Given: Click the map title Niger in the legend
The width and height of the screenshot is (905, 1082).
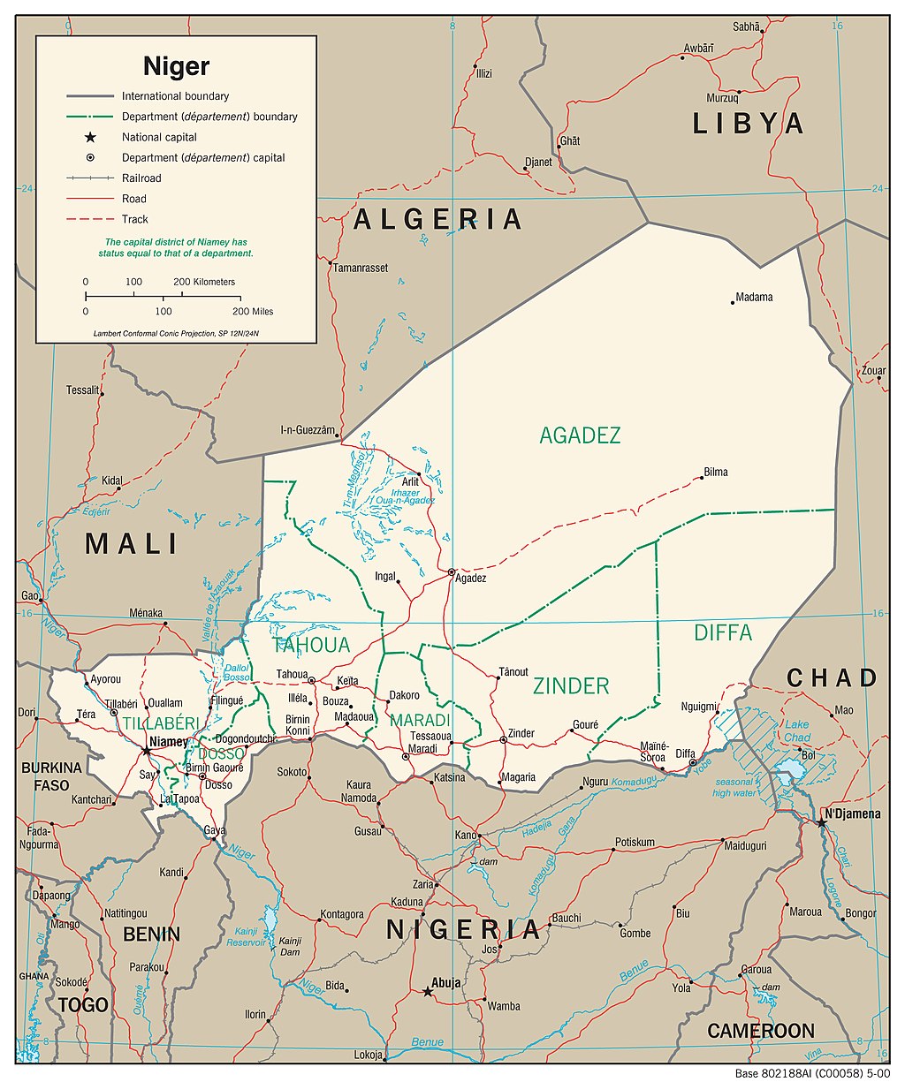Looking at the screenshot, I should coord(177,65).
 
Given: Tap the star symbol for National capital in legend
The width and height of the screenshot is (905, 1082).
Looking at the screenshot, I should coord(90,137).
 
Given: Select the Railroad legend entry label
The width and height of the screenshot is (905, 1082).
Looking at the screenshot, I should coord(141,178).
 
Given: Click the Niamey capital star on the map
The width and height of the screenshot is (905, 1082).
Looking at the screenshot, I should coord(147,751).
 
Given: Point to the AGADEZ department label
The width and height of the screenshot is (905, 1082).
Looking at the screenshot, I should coord(580,435).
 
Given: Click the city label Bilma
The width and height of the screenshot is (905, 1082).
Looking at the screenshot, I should coord(716,472).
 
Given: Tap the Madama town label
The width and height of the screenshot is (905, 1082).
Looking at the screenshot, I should coord(754,297).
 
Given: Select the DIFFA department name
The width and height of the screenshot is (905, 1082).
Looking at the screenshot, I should coord(723,632).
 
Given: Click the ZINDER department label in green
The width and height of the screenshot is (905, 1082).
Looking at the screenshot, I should coord(571,685).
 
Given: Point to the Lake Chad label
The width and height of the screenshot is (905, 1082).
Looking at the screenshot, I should coord(797,731).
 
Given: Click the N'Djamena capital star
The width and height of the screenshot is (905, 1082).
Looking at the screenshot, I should coord(821,822).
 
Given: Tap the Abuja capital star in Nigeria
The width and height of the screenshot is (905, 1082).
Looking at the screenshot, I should coord(428,992).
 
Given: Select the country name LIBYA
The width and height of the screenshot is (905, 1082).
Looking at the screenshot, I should coord(748,124).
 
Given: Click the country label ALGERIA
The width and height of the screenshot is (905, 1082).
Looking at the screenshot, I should coord(437,219).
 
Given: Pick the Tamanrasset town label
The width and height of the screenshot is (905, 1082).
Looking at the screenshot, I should coord(361,268).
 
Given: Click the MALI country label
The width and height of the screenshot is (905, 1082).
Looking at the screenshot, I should coord(132,544).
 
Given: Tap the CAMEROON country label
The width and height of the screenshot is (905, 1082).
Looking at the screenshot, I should coord(760,1031).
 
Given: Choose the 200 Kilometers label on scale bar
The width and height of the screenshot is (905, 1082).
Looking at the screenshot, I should coord(204,282).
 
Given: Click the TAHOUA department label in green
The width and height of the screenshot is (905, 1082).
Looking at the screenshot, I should coord(311,645).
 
